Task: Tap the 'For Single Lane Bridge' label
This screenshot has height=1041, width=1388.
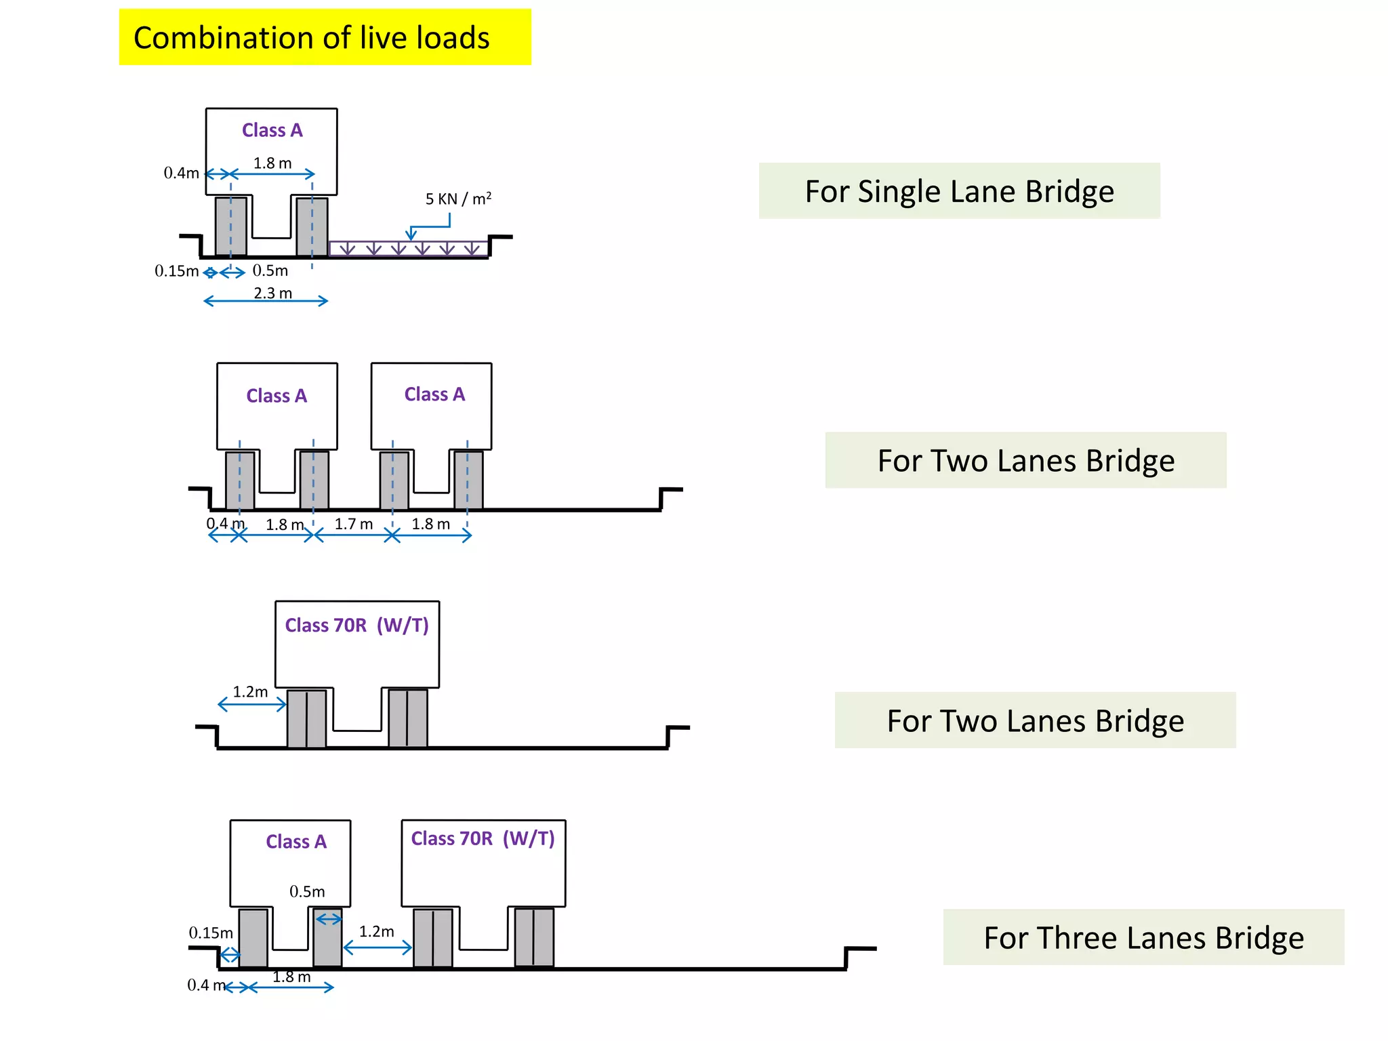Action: point(959,191)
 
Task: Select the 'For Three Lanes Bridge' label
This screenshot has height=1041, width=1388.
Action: point(1143,938)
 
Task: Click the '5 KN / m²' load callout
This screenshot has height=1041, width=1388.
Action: point(458,199)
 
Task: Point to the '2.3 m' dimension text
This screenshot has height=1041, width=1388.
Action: point(272,293)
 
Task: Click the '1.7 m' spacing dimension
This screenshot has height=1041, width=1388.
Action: point(353,524)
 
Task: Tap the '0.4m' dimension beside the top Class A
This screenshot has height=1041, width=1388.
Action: point(181,173)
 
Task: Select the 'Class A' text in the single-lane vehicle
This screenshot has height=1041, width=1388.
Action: point(272,130)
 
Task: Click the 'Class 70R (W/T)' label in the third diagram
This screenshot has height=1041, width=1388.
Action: point(356,625)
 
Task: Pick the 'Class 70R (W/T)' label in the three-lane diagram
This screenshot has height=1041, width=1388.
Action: point(483,839)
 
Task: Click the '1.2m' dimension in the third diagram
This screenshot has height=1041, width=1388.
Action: point(250,692)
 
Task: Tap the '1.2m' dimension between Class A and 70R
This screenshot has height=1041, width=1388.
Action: point(376,932)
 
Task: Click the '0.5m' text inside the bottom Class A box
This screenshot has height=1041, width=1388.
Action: point(307,892)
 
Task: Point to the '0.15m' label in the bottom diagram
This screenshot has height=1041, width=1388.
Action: point(210,933)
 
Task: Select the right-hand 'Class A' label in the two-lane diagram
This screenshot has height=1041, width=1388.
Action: point(434,394)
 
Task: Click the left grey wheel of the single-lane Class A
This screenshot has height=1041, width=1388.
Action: point(230,226)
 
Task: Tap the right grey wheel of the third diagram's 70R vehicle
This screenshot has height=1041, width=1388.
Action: point(407,718)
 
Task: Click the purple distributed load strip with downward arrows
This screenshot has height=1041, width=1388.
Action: point(408,249)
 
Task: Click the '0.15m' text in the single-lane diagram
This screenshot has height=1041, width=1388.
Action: point(176,271)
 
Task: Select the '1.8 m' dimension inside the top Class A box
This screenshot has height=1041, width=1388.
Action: point(272,163)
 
